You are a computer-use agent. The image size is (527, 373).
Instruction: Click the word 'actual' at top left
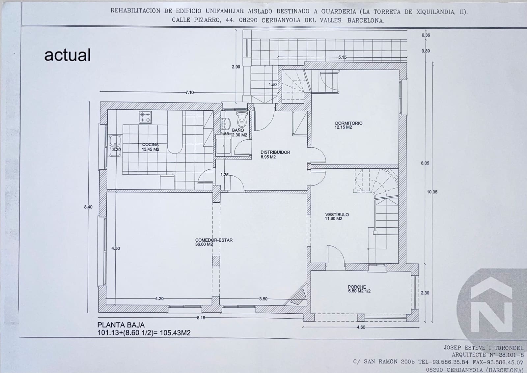point(68,55)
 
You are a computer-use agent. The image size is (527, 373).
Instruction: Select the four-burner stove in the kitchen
point(145,117)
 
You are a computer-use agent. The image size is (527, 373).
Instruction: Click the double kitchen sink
point(115,145)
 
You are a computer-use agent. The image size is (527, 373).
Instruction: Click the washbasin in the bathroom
point(226,124)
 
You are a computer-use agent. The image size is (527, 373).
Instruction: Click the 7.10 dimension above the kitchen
point(189,93)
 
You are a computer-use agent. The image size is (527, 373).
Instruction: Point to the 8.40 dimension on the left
point(88,207)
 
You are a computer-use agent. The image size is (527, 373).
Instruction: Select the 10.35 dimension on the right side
point(432,192)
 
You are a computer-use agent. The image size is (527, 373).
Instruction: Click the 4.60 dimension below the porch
point(361,327)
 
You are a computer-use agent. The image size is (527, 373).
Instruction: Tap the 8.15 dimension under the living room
point(201,318)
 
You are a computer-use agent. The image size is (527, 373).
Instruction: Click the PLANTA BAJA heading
point(121,325)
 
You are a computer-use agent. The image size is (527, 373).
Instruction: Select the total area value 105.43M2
point(175,333)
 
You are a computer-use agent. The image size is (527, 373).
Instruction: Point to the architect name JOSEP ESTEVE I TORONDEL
point(484,348)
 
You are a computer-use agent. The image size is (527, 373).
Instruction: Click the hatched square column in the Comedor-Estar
point(216,261)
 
